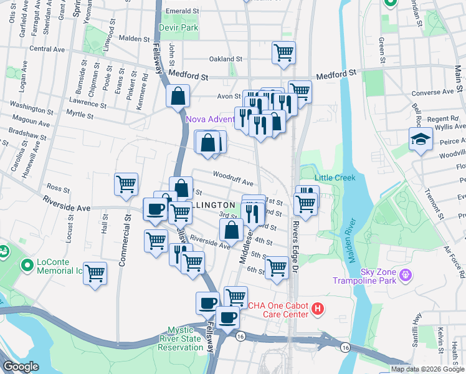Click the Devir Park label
tap(181, 28)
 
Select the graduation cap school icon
tap(421, 140)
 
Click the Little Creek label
tap(335, 178)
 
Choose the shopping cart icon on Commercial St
tap(126, 185)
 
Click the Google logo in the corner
tap(21, 367)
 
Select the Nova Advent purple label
tap(209, 118)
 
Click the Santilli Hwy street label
tap(414, 333)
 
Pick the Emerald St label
tap(181, 11)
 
